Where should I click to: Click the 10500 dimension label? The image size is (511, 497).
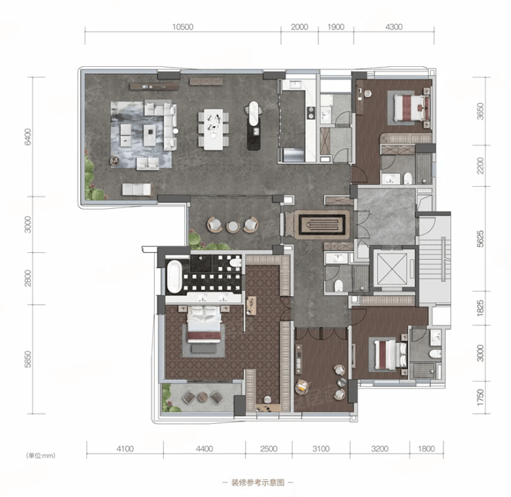click(183, 27)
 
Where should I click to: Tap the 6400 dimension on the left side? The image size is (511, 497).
click(28, 136)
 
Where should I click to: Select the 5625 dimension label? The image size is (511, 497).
click(481, 239)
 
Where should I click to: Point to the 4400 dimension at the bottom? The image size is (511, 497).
click(204, 449)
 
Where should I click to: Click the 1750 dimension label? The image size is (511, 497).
click(481, 397)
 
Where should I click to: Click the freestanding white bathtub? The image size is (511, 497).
click(174, 276)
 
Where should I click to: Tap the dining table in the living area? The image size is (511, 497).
click(213, 129)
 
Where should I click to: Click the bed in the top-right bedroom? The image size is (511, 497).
click(409, 108)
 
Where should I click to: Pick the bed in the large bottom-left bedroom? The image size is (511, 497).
click(204, 324)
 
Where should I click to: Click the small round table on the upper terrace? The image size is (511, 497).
click(233, 226)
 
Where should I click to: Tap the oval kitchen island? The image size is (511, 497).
click(254, 125)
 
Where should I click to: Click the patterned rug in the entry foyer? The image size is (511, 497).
click(322, 225)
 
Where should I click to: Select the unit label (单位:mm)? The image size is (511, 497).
click(41, 456)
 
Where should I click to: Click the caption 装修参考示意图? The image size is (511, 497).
click(258, 483)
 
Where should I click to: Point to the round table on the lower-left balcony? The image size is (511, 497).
click(202, 397)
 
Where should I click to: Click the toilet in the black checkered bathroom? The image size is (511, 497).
click(235, 262)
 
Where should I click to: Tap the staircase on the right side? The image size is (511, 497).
click(435, 258)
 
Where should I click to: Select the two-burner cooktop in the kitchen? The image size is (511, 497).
click(311, 112)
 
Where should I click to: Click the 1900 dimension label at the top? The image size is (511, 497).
click(336, 27)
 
